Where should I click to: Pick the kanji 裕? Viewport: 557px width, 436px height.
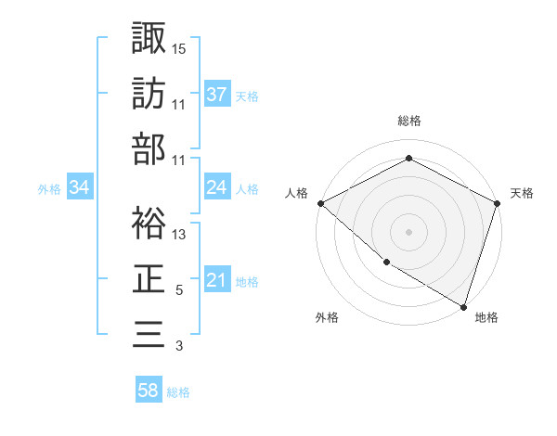point(149,222)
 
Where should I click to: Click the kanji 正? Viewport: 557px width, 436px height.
point(149,277)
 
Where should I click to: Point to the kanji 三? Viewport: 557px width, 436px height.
point(149,333)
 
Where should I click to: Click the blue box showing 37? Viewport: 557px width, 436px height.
point(216,94)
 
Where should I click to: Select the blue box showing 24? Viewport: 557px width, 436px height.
point(216,187)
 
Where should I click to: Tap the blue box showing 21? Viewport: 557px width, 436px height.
point(216,280)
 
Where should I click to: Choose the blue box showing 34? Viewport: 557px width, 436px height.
point(79,187)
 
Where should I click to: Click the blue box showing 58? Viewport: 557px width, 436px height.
point(149,391)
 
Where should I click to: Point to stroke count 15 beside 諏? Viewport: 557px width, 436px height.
point(179,47)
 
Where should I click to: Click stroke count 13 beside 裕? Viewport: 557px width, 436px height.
point(179,235)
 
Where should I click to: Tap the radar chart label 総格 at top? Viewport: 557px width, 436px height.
point(409,121)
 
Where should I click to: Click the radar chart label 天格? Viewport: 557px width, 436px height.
point(523,193)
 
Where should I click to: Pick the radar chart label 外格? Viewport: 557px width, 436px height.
point(327,317)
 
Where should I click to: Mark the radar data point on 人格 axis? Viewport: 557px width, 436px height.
point(320,203)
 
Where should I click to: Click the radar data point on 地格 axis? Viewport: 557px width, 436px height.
point(463,305)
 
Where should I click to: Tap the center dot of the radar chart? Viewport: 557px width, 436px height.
point(409,232)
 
